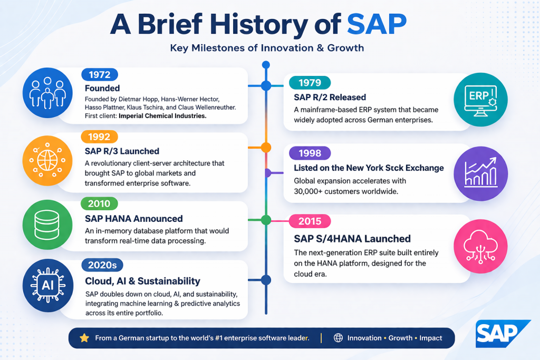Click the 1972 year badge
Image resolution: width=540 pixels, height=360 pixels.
pos(100,75)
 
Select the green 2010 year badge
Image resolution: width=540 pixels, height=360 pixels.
pos(100,205)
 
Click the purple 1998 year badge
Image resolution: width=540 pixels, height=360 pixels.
pos(310,153)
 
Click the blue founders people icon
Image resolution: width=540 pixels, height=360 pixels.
pos(48,93)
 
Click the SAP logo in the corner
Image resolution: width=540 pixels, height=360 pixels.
pos(501,334)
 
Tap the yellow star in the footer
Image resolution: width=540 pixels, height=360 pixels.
pos(84,338)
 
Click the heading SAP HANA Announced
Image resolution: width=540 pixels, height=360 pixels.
pos(133,219)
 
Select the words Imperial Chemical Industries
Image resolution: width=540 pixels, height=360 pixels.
pos(162,115)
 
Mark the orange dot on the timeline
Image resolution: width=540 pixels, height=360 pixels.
pos(266,147)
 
